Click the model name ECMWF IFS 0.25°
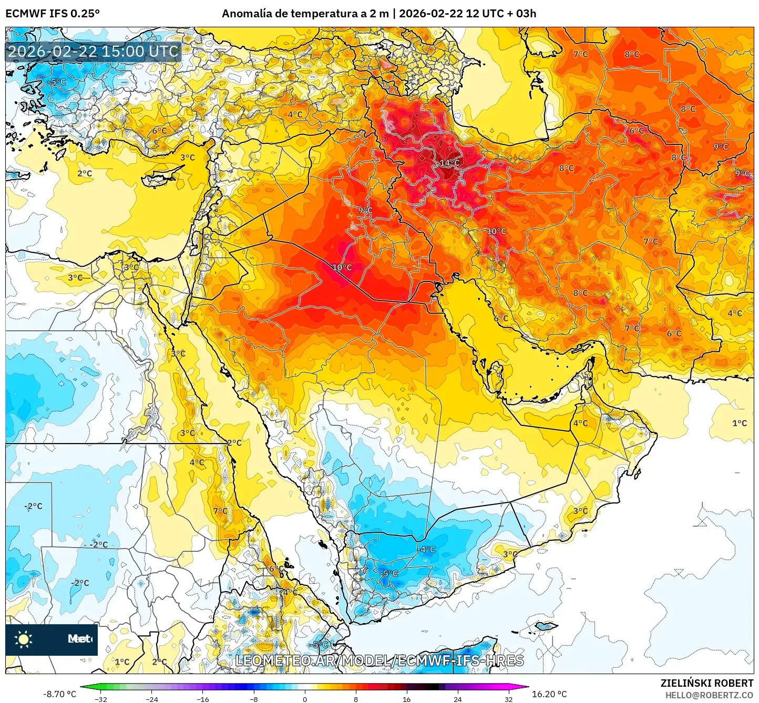53,14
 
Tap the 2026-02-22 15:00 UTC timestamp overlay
93,51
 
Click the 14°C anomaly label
449,163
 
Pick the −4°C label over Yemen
427,549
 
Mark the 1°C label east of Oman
739,423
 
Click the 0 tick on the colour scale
305,699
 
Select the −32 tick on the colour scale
100,699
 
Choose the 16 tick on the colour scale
406,699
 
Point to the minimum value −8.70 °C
59,694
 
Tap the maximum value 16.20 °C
549,694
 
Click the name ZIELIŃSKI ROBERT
707,683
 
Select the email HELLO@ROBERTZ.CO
709,695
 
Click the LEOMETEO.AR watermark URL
379,660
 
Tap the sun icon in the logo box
24,639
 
